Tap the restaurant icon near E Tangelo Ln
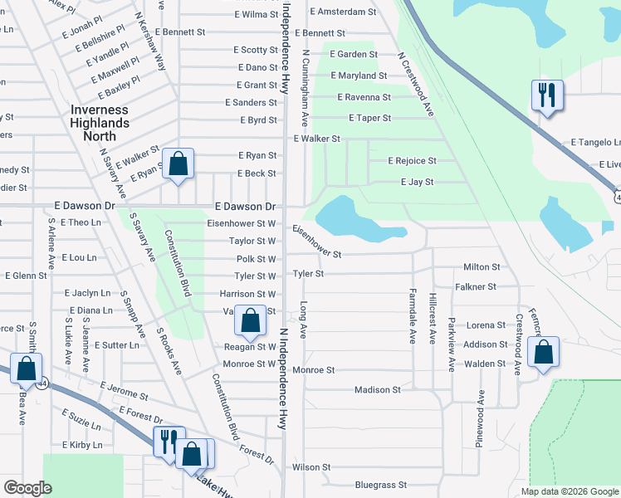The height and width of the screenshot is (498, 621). click(547, 96)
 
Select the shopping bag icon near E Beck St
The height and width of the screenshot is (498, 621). click(178, 164)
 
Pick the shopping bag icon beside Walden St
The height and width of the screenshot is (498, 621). click(543, 353)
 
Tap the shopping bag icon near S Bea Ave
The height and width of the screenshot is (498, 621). click(26, 369)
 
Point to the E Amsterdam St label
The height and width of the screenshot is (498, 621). click(343, 12)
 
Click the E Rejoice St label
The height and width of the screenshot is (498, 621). click(412, 160)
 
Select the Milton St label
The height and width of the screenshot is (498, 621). click(482, 267)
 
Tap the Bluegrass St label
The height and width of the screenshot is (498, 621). click(380, 484)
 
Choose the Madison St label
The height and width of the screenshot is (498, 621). click(377, 389)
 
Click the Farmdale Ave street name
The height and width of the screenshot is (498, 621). click(412, 316)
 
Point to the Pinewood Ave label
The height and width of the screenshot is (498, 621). click(480, 420)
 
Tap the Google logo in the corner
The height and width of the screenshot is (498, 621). click(27, 488)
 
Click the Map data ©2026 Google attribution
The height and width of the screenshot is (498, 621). click(569, 491)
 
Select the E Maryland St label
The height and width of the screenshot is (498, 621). click(359, 76)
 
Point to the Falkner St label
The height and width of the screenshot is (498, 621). click(476, 286)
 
